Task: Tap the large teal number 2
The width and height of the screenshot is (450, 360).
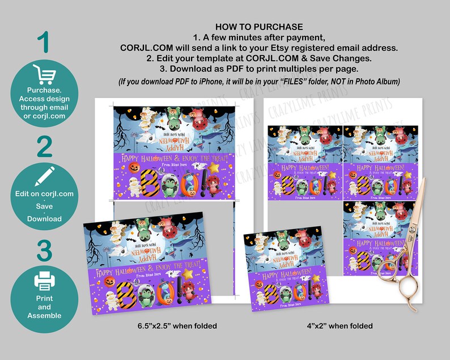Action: click(44, 146)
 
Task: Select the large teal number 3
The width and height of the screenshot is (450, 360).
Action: click(44, 251)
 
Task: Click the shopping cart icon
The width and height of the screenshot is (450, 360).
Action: click(44, 74)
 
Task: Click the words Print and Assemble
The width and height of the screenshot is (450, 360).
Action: click(44, 307)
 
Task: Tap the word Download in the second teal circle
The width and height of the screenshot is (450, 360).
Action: click(44, 219)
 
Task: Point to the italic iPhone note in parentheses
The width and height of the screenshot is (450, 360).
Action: click(259, 82)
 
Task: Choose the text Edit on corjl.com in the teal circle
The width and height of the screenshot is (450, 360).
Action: click(44, 194)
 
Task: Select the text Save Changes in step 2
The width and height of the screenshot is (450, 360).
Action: click(338, 58)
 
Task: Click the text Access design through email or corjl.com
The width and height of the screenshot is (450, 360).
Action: click(44, 108)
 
